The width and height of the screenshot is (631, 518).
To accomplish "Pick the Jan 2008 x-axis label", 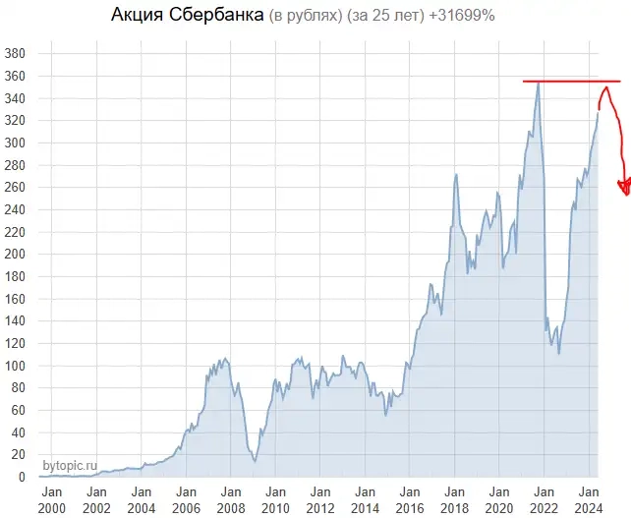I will coord(231,499).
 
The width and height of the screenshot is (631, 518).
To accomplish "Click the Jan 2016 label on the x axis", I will coord(410,499).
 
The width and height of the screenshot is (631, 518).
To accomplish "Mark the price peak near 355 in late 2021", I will coord(538,83).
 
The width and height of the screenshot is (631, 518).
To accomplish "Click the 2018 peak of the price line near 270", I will coord(456,175).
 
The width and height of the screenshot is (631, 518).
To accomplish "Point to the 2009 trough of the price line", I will coord(255,460).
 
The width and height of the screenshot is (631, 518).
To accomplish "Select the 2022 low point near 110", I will coord(558,352).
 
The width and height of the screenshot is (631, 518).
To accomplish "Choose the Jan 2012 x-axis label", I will coord(320,499).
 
